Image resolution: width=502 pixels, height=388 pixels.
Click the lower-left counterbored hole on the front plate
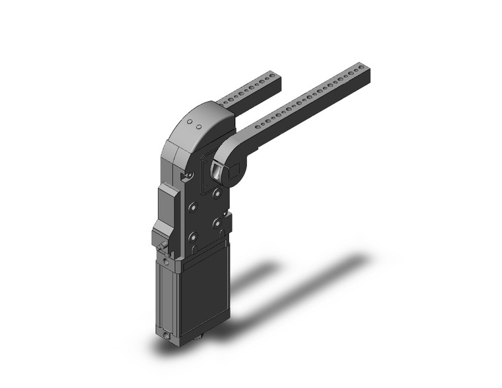pyautogui.click(x=193, y=237)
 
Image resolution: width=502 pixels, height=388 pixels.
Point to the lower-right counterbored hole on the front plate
pyautogui.click(x=217, y=223)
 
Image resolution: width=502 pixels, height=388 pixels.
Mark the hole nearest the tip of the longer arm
pyautogui.click(x=361, y=68)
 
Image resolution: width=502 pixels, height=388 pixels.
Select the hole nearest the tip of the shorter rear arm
pyautogui.click(x=270, y=78)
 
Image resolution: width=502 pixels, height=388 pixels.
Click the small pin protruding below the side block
pyautogui.click(x=162, y=249)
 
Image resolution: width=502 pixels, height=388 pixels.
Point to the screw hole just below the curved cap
pyautogui.click(x=190, y=175)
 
